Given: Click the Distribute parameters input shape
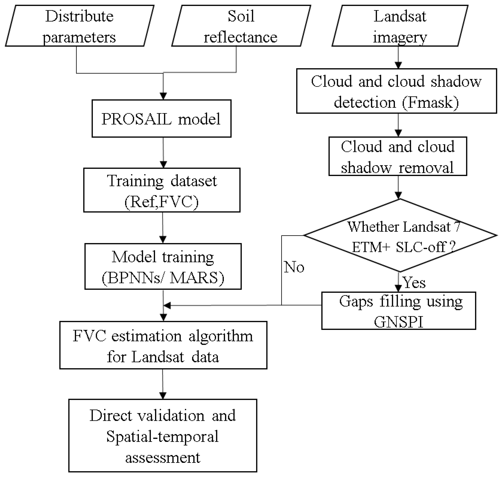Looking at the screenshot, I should (x=79, y=26).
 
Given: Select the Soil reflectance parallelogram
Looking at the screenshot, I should (x=241, y=26).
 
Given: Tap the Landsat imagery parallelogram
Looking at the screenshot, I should (x=400, y=26).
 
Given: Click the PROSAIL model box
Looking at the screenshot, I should (x=161, y=119).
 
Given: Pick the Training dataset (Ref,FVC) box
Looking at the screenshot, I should (x=162, y=190).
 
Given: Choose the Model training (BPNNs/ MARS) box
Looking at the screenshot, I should (x=163, y=266).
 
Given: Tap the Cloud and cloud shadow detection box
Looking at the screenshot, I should (x=396, y=91).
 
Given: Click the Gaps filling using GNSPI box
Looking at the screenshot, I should (x=398, y=311).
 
